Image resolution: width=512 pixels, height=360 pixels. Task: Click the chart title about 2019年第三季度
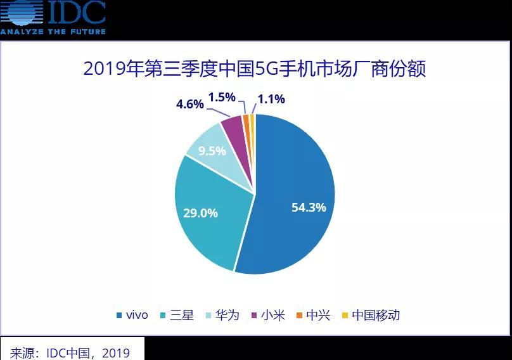(255, 68)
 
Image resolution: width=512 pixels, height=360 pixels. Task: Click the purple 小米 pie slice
(233, 127)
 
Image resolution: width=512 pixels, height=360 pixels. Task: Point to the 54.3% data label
(309, 207)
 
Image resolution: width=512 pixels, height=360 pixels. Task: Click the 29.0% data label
(200, 213)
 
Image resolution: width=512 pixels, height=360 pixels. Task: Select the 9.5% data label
(212, 151)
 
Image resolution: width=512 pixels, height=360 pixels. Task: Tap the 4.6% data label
(190, 104)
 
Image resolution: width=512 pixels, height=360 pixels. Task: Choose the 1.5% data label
(222, 97)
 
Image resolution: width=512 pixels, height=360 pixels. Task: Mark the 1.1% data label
(271, 99)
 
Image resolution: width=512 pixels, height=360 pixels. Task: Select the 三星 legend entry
(177, 315)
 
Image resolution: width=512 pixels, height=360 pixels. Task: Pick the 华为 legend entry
(223, 315)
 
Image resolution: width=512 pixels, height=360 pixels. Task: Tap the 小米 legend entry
(269, 315)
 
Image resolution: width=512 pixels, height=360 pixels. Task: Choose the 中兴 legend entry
(314, 315)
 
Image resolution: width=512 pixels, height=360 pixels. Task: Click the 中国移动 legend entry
(371, 315)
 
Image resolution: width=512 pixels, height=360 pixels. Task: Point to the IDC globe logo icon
(20, 13)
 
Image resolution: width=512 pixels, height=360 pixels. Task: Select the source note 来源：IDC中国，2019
(70, 352)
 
